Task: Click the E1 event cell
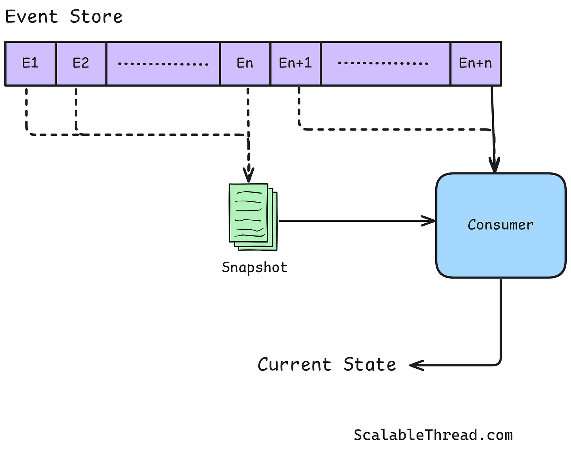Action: pos(30,63)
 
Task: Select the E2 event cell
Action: pos(81,63)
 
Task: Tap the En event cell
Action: pos(245,63)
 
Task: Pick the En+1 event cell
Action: pos(295,63)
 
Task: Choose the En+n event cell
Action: pos(475,63)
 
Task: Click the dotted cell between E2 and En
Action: pos(163,63)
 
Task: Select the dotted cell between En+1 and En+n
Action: pos(385,63)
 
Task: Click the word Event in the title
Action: pos(32,17)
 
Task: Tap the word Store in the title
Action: pos(96,17)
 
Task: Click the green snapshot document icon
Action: pos(253,216)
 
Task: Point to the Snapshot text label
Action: pos(255,267)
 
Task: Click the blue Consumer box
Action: pos(500,225)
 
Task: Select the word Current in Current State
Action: pos(294,364)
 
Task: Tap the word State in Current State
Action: pos(369,364)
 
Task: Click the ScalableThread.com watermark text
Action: pos(433,435)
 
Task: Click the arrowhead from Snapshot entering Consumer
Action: pos(431,221)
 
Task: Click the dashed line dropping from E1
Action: pos(26,110)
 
